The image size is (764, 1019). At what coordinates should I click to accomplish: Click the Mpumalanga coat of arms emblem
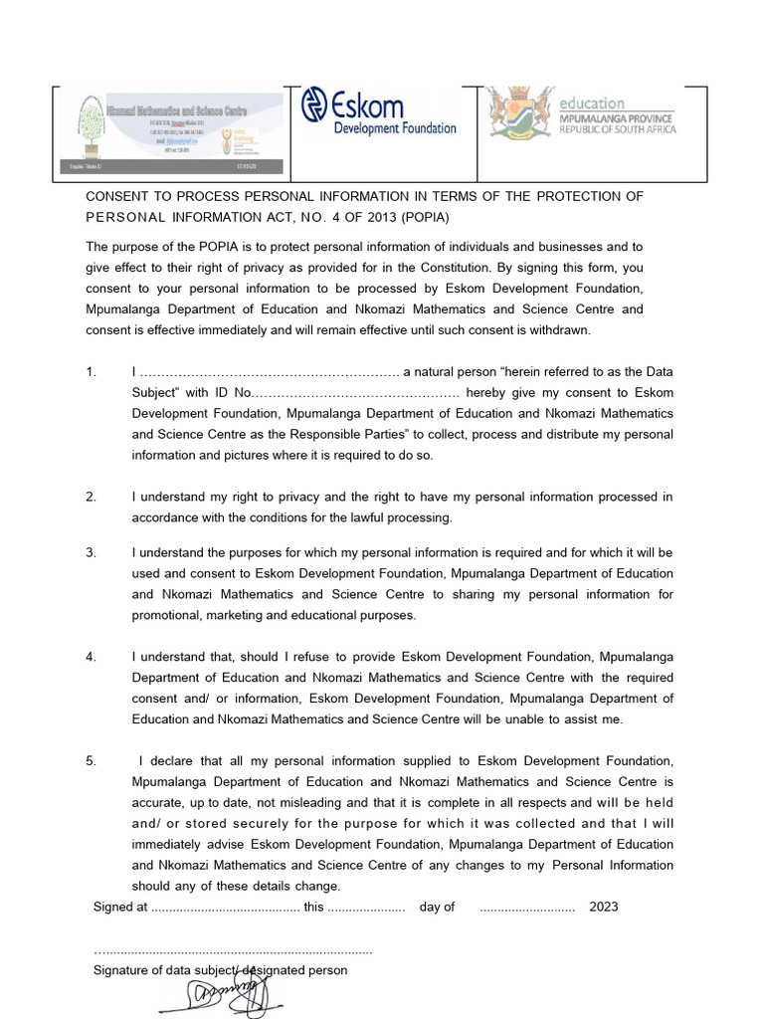tap(519, 112)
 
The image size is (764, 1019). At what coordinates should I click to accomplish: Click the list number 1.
tap(91, 372)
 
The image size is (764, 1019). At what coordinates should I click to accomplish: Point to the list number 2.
tap(91, 497)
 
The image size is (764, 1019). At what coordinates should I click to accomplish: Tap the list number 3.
tap(91, 552)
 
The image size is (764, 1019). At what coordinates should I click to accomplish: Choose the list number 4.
tap(91, 657)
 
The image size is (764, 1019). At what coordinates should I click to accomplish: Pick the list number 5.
tap(91, 761)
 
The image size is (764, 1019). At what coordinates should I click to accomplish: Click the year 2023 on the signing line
tap(603, 907)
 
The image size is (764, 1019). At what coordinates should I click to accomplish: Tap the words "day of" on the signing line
tap(437, 907)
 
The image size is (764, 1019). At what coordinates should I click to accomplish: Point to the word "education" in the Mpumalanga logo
tap(592, 103)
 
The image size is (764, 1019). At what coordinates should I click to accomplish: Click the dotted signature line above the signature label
tap(233, 951)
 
